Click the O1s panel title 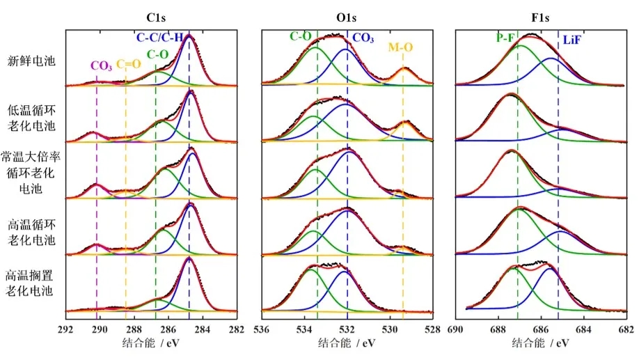(347, 15)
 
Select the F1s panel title (542, 15)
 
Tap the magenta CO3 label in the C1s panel (101, 66)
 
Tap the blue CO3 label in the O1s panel (362, 38)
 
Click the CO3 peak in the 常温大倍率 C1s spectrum (97, 185)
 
